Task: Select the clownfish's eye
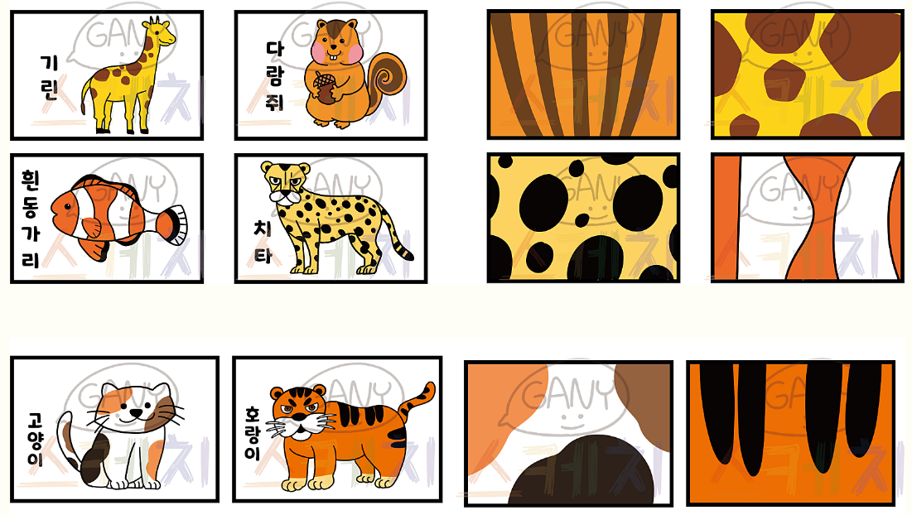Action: coord(68,207)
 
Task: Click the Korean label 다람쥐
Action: coord(274,75)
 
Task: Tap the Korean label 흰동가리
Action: coord(31,219)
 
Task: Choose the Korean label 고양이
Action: coord(36,440)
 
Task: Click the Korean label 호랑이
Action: coord(253,434)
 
